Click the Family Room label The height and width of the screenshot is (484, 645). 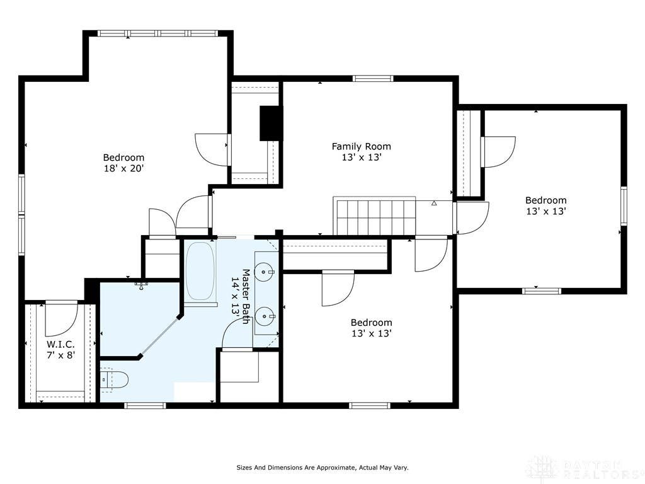(361, 146)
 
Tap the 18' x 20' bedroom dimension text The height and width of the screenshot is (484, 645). (123, 168)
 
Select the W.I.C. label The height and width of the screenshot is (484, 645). (60, 344)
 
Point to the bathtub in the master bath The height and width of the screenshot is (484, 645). (200, 271)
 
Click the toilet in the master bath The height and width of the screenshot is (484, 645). (115, 379)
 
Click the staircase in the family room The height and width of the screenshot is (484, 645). (374, 216)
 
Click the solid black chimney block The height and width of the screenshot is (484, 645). (271, 124)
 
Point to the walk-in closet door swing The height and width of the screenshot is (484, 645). (61, 318)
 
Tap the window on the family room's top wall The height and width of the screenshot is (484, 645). (373, 79)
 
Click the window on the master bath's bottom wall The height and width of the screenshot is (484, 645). (145, 405)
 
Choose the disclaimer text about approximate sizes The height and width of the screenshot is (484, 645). (322, 468)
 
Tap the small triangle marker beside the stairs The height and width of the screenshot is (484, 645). (434, 203)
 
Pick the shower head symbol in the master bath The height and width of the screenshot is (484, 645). (140, 285)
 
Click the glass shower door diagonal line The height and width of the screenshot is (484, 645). (159, 335)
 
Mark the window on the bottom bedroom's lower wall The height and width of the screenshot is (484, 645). (369, 405)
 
